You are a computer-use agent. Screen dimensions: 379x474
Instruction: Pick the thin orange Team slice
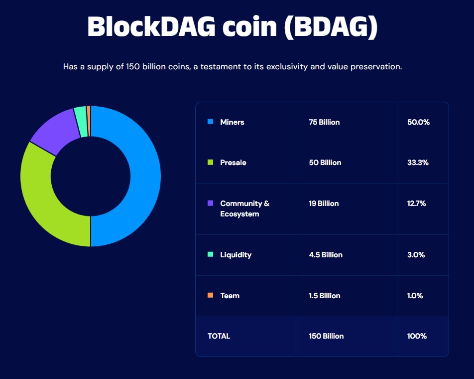coord(89,114)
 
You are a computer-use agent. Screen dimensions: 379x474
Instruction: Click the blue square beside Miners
coord(210,122)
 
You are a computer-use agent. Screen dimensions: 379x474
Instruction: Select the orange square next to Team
coord(210,295)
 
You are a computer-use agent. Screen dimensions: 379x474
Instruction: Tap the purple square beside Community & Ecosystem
coord(210,203)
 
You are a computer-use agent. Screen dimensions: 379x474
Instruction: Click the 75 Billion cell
coord(324,122)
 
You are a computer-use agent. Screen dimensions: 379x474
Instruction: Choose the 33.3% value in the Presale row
coord(418,163)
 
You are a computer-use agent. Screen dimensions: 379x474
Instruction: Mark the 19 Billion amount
coord(324,203)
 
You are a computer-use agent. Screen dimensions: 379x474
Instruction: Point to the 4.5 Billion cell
coord(326,255)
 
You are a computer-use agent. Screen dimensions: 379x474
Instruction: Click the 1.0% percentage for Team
coord(415,296)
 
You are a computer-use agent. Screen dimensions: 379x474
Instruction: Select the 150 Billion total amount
coord(326,336)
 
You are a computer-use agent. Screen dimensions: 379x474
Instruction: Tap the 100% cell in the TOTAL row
coord(417,336)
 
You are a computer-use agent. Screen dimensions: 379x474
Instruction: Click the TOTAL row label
coord(219,336)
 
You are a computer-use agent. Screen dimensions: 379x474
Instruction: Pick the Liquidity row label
coord(236,255)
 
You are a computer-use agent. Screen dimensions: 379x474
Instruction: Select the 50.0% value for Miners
coord(418,122)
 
